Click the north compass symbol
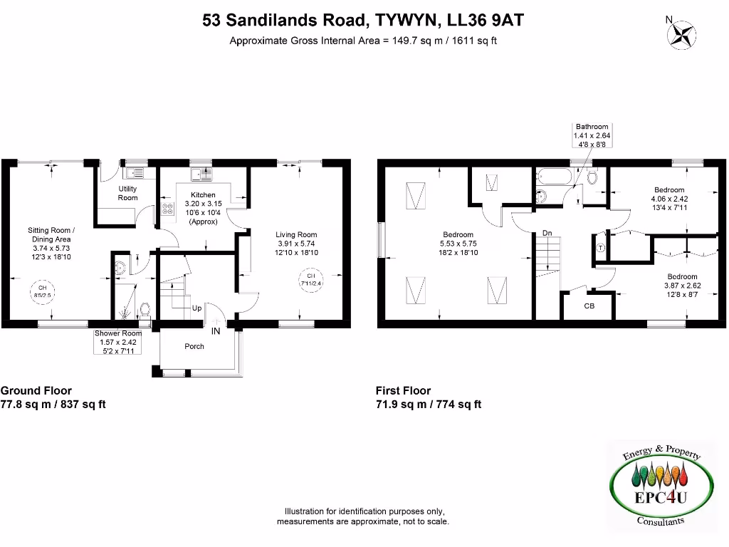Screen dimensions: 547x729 tap(684, 33)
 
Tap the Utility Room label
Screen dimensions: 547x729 tap(127, 193)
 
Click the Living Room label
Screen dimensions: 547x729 tap(298, 234)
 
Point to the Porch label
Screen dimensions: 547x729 tap(194, 347)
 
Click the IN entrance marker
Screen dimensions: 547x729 tap(215, 330)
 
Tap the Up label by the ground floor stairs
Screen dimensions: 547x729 tap(196, 308)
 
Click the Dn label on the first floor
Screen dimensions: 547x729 tap(547, 233)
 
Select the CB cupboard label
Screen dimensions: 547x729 tap(589, 306)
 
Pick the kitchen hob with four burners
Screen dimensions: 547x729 tap(169, 209)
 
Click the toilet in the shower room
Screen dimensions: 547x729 tap(145, 310)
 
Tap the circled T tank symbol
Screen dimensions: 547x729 tap(599, 248)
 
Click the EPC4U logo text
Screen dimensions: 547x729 tap(661, 498)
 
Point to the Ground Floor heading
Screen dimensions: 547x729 tap(36, 390)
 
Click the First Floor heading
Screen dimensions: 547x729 tap(403, 390)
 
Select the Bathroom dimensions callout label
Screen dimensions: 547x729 tap(592, 135)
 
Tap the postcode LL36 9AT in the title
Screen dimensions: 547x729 tap(486, 20)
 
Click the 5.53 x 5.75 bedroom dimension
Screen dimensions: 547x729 tap(458, 244)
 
